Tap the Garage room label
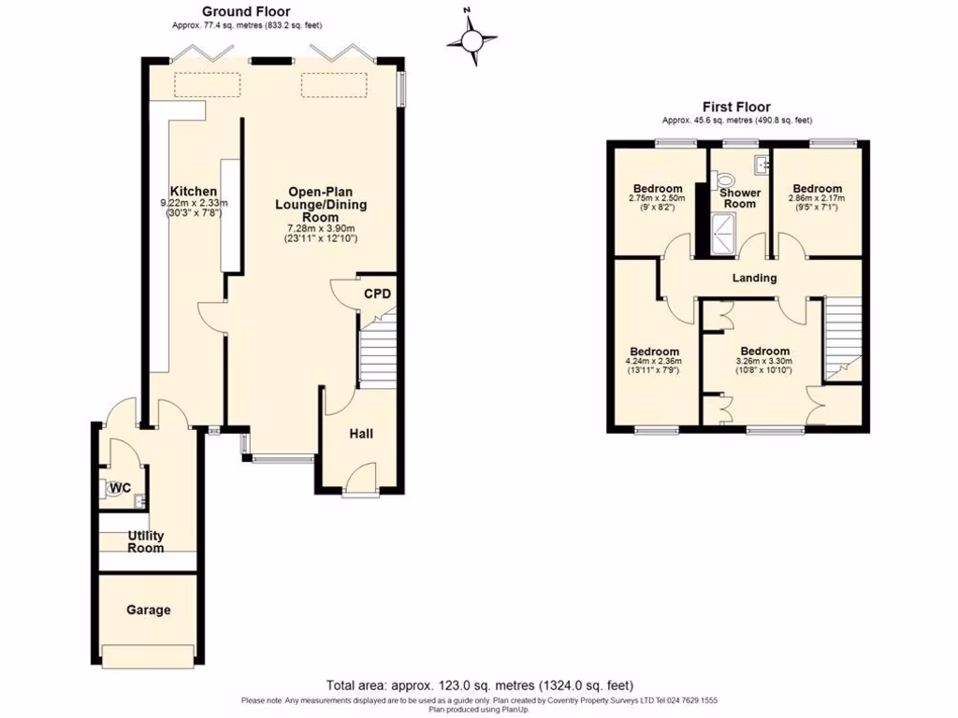pyautogui.click(x=149, y=610)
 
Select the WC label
pyautogui.click(x=119, y=488)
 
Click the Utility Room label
pyautogui.click(x=146, y=541)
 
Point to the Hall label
pyautogui.click(x=361, y=434)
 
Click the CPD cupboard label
pyautogui.click(x=377, y=294)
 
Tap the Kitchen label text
pyautogui.click(x=194, y=192)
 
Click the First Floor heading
pyautogui.click(x=737, y=107)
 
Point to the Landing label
pyautogui.click(x=754, y=278)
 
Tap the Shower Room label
pyautogui.click(x=739, y=198)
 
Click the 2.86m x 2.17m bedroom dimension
pyautogui.click(x=816, y=198)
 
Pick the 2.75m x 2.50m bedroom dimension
pyautogui.click(x=657, y=198)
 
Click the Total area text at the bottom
pyautogui.click(x=486, y=685)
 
